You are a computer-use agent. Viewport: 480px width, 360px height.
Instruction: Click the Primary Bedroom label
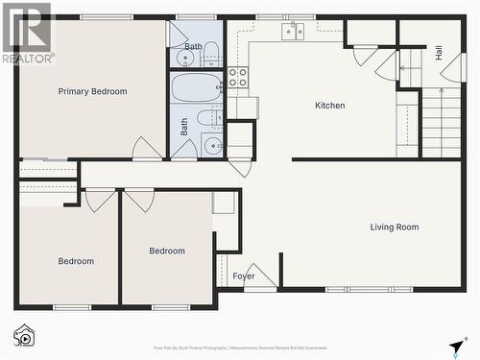(92, 91)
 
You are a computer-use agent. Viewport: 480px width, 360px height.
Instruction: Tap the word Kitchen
(329, 106)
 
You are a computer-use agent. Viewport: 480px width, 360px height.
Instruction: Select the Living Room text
(395, 228)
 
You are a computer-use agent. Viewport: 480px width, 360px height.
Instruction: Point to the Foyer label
(244, 276)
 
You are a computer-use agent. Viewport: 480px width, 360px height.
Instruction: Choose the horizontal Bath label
(193, 46)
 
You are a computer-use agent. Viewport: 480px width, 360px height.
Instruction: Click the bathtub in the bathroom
(197, 87)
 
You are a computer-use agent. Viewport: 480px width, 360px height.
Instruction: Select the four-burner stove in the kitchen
(237, 77)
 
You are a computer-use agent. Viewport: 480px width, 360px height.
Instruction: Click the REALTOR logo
(27, 34)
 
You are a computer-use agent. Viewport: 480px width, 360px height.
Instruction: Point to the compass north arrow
(456, 347)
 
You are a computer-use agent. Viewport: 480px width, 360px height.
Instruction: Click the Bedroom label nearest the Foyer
(167, 251)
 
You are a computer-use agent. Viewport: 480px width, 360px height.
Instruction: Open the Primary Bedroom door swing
(146, 149)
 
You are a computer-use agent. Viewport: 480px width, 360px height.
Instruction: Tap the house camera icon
(24, 335)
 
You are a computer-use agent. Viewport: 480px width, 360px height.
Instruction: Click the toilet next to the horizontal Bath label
(212, 56)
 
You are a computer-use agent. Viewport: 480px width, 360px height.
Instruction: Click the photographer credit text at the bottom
(240, 348)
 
